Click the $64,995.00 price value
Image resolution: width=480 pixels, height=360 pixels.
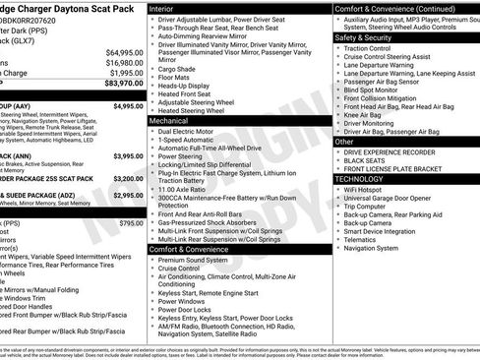tap(124, 52)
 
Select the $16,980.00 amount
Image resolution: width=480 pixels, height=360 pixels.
tap(124, 63)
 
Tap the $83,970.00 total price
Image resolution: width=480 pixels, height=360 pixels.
tap(124, 85)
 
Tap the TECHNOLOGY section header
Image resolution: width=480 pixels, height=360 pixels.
tap(360, 179)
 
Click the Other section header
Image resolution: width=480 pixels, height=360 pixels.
tap(345, 141)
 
